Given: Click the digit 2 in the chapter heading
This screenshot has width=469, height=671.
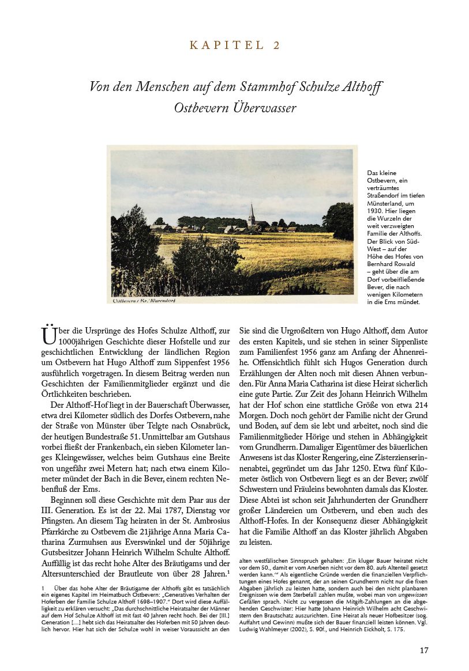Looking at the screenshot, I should [276, 46].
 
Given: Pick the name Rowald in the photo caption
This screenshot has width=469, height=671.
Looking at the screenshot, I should [407, 264].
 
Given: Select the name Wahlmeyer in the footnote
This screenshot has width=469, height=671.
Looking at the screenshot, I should [278, 630].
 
